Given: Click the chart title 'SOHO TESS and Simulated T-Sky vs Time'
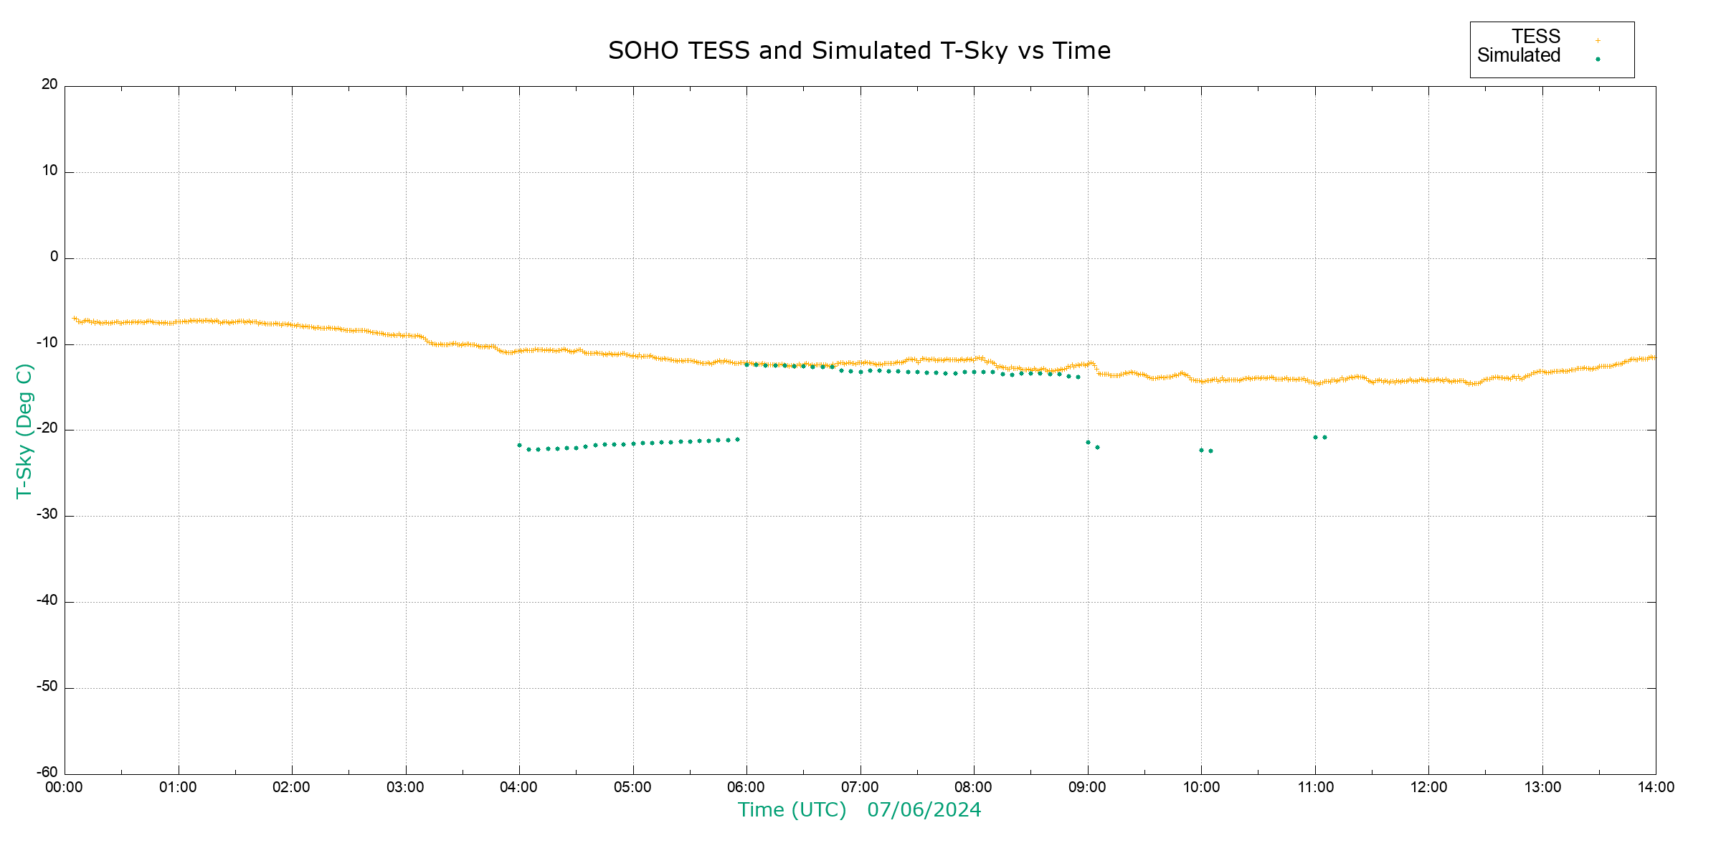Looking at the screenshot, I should point(859,51).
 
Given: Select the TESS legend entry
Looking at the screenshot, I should point(1536,37).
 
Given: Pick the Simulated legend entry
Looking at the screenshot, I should point(1519,56).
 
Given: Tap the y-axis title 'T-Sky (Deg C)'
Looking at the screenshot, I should point(24,430).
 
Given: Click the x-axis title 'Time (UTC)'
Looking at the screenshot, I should point(792,810).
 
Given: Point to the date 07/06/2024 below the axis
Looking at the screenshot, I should point(924,810).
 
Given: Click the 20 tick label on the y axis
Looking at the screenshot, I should point(49,85).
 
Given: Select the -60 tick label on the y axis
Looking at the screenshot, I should point(47,773).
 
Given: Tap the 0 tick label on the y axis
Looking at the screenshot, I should point(54,257).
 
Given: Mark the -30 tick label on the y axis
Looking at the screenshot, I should point(47,514).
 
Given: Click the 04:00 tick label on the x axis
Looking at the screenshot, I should point(518,788).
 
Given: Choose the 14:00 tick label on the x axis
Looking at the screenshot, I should point(1656,788).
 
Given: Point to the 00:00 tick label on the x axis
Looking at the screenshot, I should point(65,788).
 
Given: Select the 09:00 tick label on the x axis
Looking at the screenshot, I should point(1087,788).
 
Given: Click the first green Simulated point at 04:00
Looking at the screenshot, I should point(519,446).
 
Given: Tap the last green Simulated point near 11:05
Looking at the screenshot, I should point(1324,437).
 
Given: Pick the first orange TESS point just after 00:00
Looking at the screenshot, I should point(75,318).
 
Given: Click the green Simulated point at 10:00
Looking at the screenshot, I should point(1201,451).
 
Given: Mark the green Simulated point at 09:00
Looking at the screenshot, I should point(1088,442).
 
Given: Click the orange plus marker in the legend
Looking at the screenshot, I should point(1598,40).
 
